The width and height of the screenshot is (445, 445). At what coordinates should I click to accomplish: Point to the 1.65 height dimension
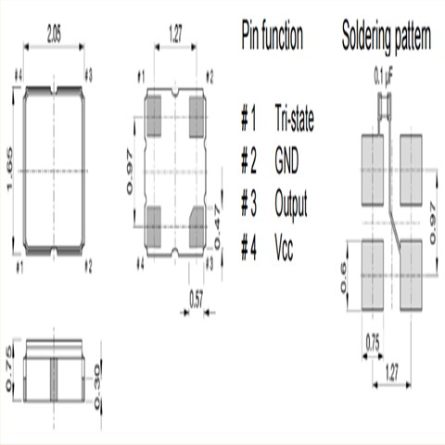(x=10, y=171)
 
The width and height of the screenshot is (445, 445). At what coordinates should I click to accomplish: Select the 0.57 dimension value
(x=197, y=299)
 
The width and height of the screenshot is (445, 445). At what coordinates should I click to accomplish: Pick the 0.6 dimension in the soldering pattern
(x=346, y=276)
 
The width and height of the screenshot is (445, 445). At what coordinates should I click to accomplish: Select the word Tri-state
(x=296, y=120)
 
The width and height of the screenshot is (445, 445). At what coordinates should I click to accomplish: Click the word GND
(x=287, y=161)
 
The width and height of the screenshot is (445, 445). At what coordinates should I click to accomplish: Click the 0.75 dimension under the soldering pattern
(x=372, y=339)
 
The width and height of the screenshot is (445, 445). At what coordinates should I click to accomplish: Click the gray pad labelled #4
(x=153, y=222)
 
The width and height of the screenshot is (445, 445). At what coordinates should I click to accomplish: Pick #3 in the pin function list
(x=248, y=203)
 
